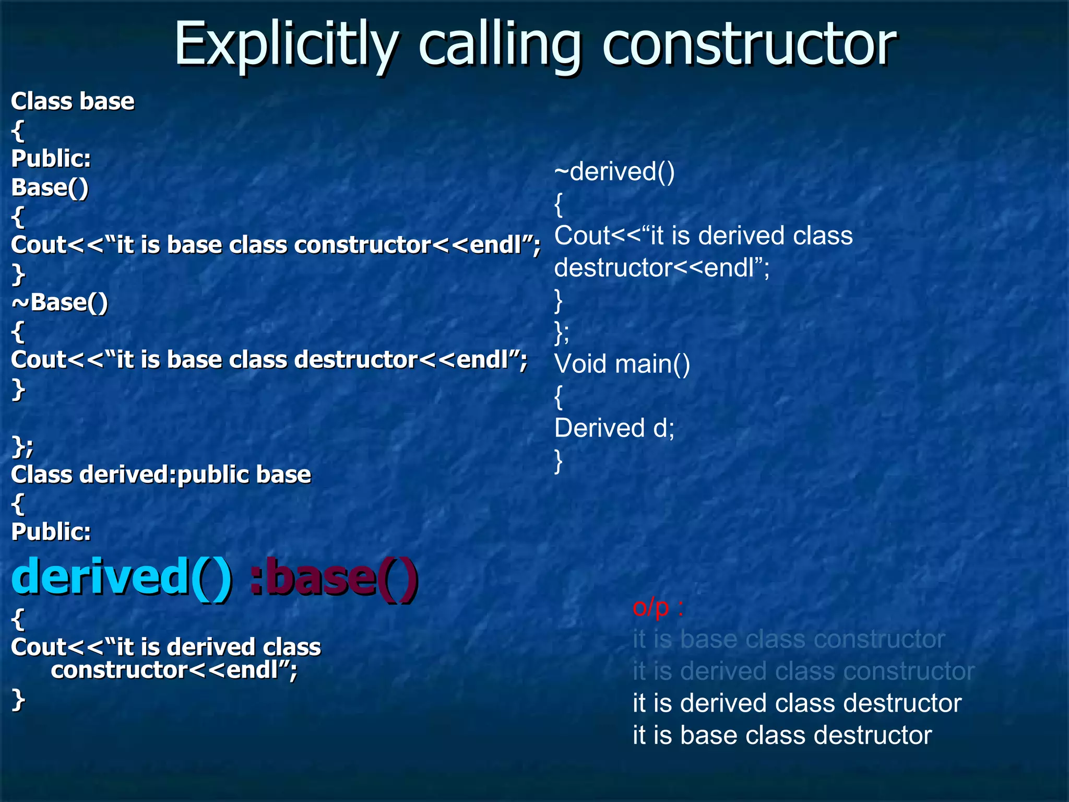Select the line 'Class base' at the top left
[x=73, y=101]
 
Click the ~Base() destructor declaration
[x=60, y=303]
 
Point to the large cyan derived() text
[x=122, y=576]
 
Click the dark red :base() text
[x=334, y=576]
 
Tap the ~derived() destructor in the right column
[x=614, y=172]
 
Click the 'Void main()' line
[x=622, y=364]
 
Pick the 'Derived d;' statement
[x=614, y=428]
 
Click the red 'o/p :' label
[x=658, y=607]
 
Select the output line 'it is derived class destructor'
[x=797, y=703]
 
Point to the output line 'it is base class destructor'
[x=782, y=736]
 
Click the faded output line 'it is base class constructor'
[x=789, y=640]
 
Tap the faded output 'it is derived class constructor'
[x=803, y=671]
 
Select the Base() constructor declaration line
[x=50, y=188]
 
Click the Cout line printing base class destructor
[x=269, y=360]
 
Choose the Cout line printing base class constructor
[x=276, y=245]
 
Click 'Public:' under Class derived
[x=51, y=533]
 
